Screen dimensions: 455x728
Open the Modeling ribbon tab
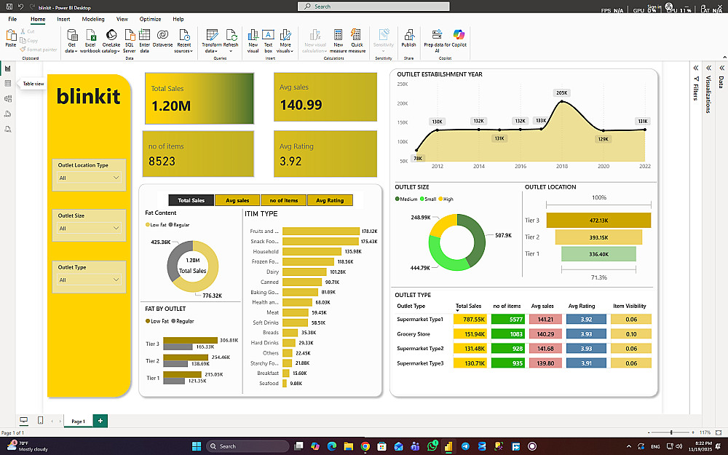92,19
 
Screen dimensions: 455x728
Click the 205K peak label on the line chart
561,92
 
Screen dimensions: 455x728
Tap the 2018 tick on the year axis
562,166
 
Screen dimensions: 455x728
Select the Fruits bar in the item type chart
320,231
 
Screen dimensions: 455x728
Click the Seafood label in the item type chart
269,384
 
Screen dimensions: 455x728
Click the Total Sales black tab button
191,200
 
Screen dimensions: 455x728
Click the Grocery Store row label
413,334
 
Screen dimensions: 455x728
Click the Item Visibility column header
630,306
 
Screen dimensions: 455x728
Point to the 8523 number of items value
162,162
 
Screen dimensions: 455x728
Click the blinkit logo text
88,97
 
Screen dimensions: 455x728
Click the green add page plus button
100,421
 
